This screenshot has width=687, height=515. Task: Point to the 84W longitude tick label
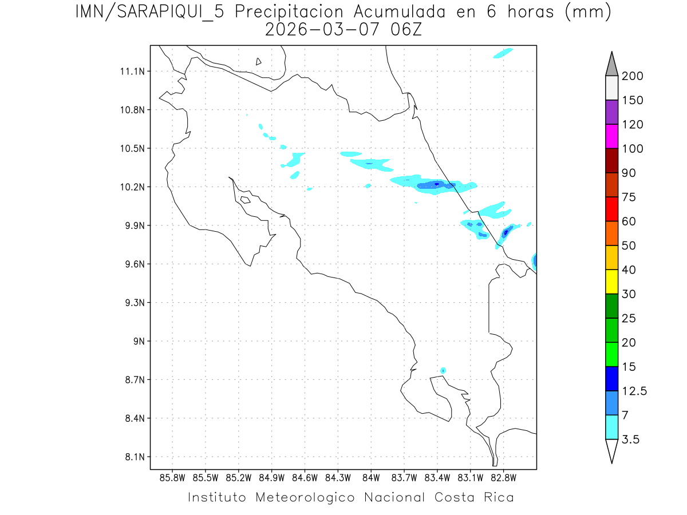point(371,477)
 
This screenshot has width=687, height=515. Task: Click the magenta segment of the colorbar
point(611,136)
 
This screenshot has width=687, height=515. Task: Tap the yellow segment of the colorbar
point(611,282)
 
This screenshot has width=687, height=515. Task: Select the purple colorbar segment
point(611,112)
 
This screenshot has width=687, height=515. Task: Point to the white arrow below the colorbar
point(611,450)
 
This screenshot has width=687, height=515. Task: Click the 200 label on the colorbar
point(633,76)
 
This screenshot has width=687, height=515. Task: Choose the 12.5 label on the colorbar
point(634,391)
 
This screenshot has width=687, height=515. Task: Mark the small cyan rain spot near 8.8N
point(443,371)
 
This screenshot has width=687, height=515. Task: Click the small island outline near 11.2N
point(259,61)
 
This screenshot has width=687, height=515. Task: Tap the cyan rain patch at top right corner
point(502,53)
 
